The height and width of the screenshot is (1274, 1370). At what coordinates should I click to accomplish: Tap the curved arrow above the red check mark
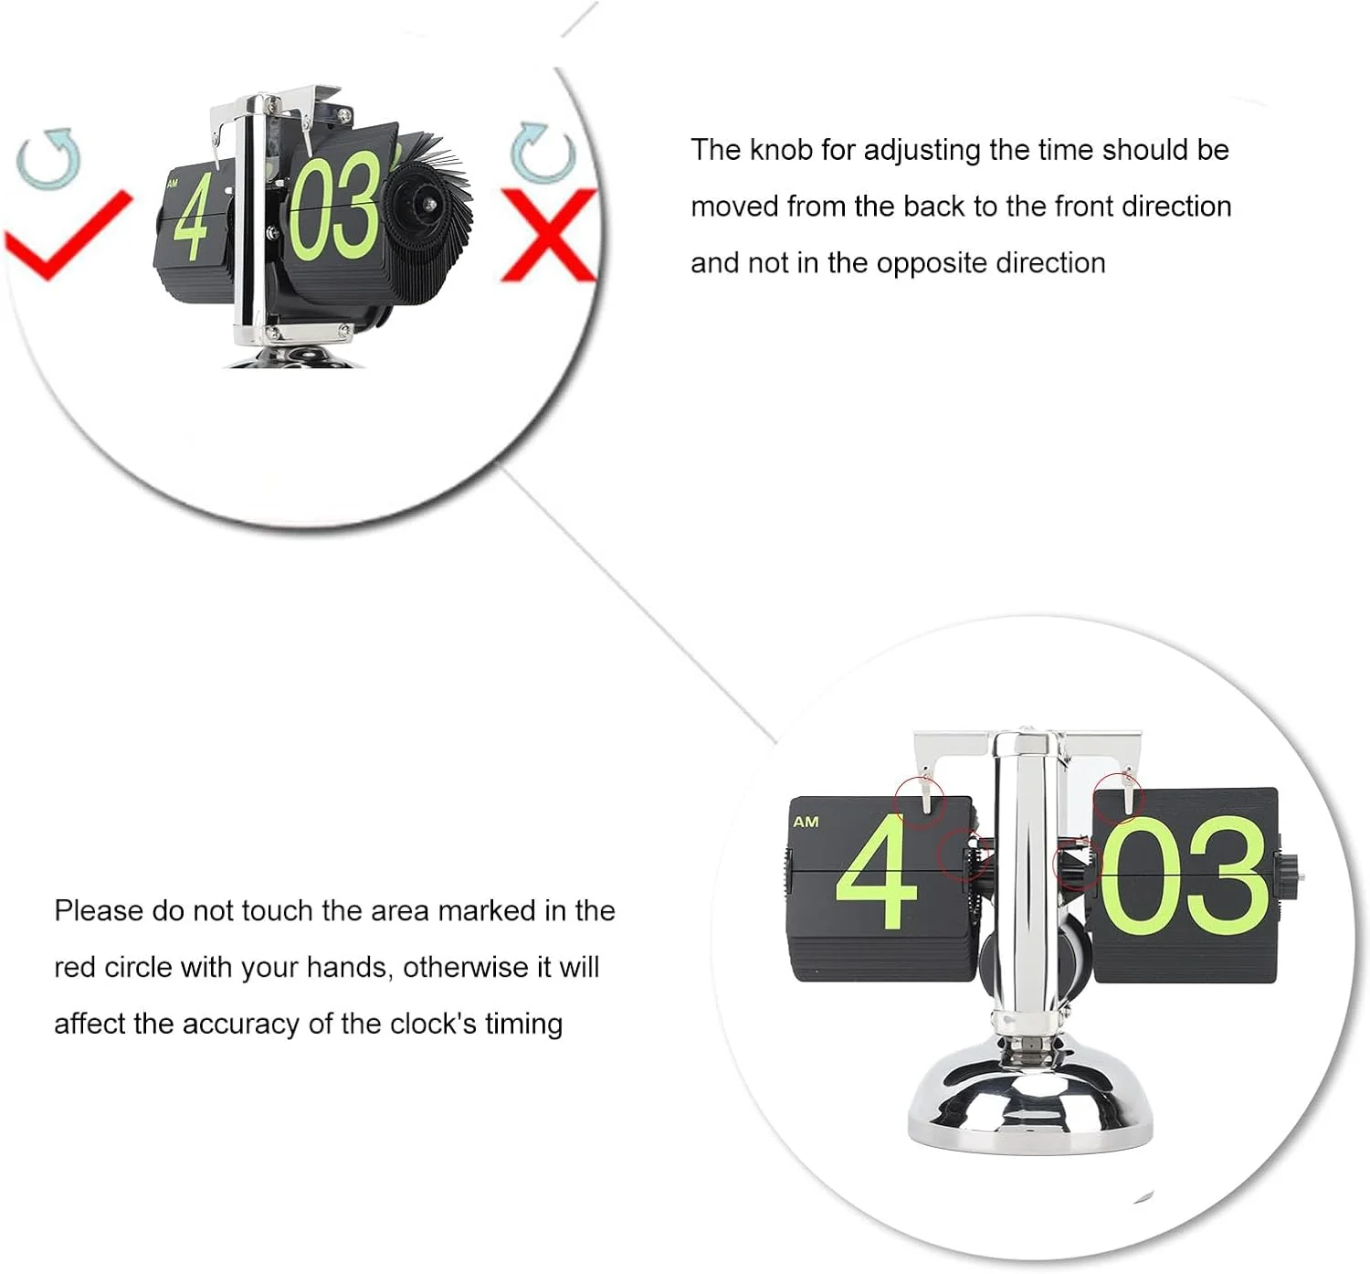tap(48, 158)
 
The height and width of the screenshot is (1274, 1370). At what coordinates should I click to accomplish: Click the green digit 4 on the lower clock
tap(877, 872)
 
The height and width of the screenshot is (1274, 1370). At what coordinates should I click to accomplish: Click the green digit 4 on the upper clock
tap(191, 216)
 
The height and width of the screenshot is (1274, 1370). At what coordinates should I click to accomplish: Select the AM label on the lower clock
tap(806, 822)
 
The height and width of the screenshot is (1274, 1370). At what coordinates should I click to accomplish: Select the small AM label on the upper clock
tap(173, 184)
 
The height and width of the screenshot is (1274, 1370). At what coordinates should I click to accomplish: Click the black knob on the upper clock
tap(421, 205)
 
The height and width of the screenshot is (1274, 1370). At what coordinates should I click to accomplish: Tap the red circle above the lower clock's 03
tap(1119, 798)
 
